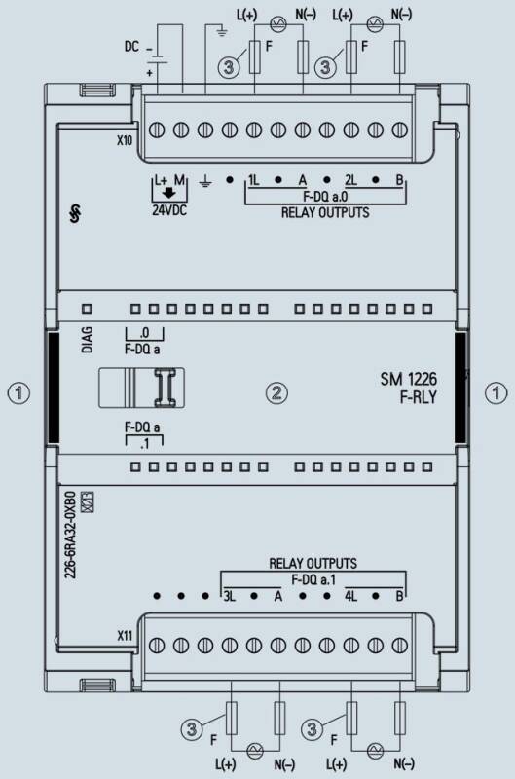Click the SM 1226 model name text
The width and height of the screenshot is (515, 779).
[x=408, y=380]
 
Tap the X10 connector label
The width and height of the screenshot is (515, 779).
[x=125, y=140]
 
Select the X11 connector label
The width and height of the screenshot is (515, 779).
[x=125, y=636]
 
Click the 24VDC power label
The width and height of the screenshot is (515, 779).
[x=169, y=210]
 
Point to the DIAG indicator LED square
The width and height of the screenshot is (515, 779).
[x=87, y=309]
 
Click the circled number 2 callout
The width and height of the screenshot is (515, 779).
[x=276, y=392]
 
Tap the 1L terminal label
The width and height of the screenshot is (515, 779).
[x=253, y=180]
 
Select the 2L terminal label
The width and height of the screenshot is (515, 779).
[x=350, y=180]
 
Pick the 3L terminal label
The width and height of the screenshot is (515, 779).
[x=229, y=596]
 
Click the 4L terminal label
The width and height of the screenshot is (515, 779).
[x=350, y=596]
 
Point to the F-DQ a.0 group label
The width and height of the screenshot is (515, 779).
[x=325, y=197]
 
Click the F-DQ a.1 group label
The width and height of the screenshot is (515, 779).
[x=313, y=579]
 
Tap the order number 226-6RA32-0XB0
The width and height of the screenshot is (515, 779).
[x=70, y=535]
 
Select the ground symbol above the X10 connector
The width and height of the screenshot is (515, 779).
[x=221, y=32]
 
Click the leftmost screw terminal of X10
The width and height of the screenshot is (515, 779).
[x=157, y=130]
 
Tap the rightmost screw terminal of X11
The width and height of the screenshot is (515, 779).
[x=400, y=646]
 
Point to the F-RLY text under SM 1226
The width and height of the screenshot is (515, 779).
[x=419, y=397]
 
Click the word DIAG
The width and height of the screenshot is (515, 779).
[x=87, y=340]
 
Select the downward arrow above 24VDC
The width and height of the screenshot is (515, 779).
[x=169, y=193]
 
